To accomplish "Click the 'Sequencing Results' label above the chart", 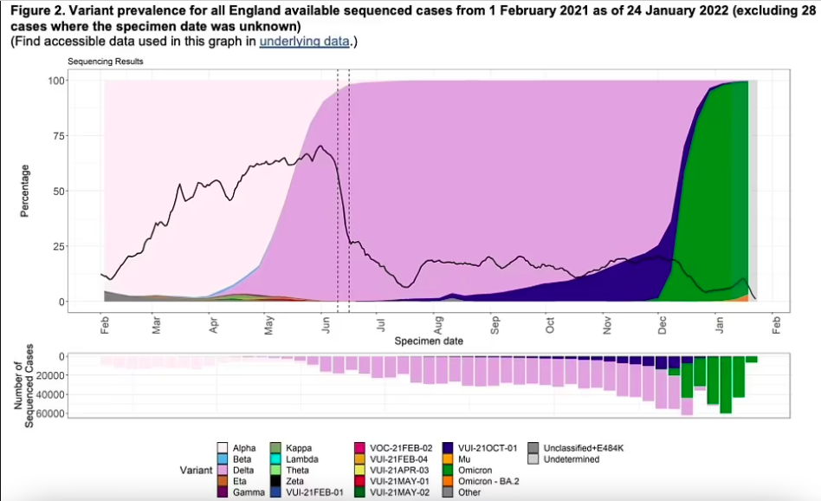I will pos(106,62).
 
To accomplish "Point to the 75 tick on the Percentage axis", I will pos(55,136).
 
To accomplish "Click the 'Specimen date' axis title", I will pos(428,342).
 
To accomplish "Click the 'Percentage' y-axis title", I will pos(25,191).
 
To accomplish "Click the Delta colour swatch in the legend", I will pos(223,470).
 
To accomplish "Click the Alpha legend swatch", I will pos(223,448).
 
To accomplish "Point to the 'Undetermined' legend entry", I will pos(570,459).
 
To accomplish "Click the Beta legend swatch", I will pos(223,459).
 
